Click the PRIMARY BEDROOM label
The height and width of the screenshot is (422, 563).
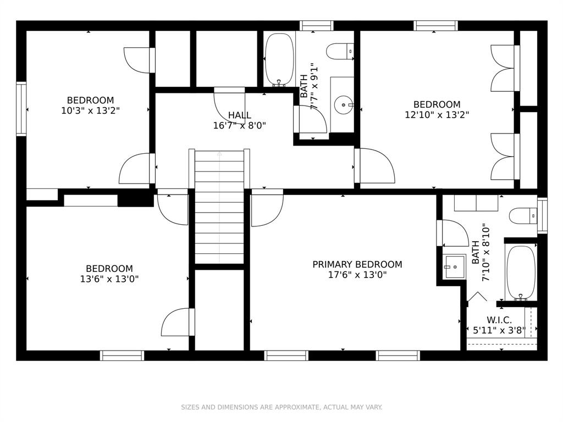click(357, 264)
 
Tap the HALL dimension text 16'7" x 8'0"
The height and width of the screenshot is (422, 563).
click(240, 126)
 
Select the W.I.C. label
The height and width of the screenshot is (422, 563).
click(499, 320)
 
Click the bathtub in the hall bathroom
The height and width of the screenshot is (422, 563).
click(279, 60)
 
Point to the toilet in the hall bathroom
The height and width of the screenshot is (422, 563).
click(340, 52)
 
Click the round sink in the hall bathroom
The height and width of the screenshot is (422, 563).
click(344, 105)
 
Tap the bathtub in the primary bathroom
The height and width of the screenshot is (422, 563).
click(521, 273)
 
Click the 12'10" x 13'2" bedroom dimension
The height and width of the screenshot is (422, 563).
click(437, 115)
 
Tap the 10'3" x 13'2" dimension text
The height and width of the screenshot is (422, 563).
click(90, 110)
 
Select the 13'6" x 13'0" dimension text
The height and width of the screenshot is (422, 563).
click(109, 279)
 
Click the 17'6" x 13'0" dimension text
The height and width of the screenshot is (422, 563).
click(357, 275)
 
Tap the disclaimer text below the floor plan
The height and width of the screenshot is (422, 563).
click(281, 407)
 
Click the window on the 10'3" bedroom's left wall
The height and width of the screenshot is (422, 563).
click(21, 109)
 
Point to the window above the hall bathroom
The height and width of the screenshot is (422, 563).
click(316, 26)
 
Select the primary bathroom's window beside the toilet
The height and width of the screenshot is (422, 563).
click(542, 215)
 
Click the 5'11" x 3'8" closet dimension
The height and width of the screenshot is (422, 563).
click(499, 330)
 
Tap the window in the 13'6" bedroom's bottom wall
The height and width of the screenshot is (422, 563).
click(122, 356)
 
